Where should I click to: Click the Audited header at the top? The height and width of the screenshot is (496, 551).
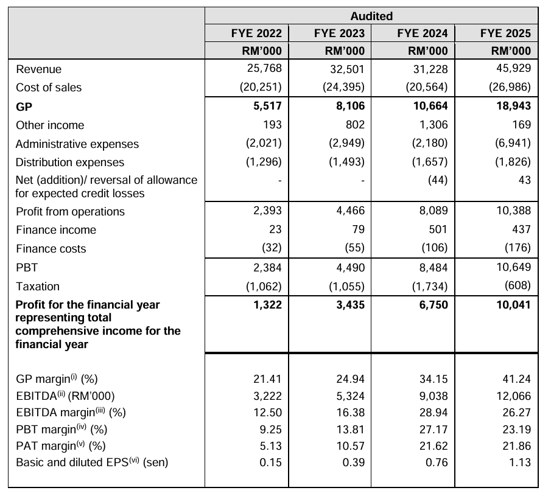tap(371, 16)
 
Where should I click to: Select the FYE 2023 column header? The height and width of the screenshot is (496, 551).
tap(339, 33)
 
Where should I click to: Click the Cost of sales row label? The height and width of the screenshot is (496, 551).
tap(49, 88)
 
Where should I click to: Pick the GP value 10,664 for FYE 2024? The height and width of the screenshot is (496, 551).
tap(430, 106)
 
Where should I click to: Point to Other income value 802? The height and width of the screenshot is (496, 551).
tap(355, 125)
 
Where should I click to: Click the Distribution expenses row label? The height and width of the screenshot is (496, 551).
tap(70, 162)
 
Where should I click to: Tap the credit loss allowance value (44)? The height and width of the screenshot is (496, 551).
tap(438, 180)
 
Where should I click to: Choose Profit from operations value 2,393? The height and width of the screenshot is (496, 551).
tap(267, 211)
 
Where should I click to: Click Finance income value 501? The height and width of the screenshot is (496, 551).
tap(438, 229)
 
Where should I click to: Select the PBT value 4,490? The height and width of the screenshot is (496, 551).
tap(350, 268)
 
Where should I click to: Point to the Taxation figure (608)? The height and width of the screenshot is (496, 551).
tap(518, 285)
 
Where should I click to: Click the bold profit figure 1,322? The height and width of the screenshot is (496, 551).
tap(267, 304)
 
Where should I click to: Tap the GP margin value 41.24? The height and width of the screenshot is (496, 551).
tap(516, 379)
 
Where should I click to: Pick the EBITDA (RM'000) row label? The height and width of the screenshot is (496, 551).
tap(65, 396)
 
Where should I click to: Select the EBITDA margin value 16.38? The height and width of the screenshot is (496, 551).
tap(350, 412)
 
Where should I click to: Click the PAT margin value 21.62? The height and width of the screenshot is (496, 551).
tap(433, 445)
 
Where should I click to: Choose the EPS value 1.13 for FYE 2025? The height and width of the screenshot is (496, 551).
tap(520, 463)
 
